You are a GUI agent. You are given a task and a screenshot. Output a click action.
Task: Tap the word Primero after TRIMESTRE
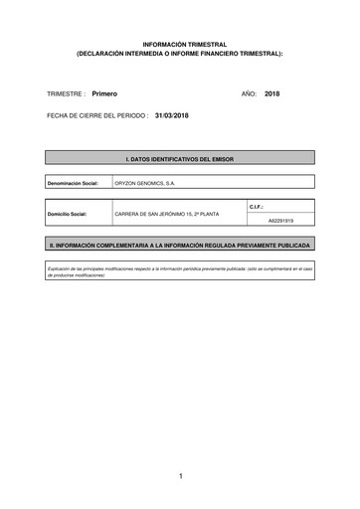104,92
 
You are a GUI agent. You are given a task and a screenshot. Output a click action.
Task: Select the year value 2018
273,92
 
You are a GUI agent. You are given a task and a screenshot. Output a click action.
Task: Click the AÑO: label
250,92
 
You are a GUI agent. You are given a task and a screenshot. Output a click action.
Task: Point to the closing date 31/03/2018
173,115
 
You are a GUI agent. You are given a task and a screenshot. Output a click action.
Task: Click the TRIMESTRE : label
67,92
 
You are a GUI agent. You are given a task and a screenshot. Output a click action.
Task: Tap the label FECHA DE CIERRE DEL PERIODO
97,115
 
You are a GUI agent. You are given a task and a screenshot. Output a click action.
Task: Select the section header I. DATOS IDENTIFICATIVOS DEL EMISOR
180,158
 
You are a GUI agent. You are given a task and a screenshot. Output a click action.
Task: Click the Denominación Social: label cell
74,184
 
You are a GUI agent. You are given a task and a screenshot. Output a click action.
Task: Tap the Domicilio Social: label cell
69,214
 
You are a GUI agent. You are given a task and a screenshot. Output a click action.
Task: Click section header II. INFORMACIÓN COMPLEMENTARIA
180,244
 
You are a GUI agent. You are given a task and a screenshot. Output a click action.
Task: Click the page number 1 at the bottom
181,477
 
